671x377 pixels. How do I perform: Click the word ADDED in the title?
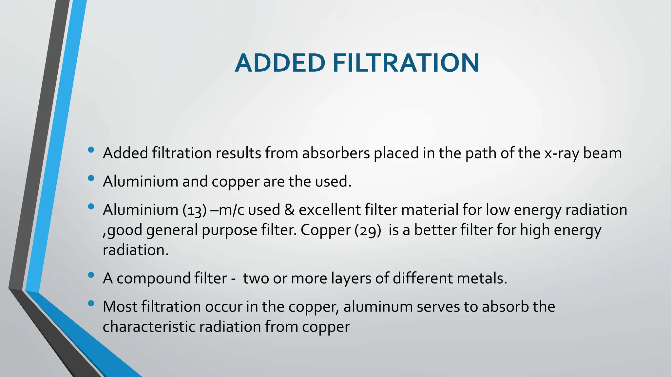(x=280, y=63)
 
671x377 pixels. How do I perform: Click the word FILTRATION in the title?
(x=406, y=63)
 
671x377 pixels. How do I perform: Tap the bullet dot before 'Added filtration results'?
(x=91, y=150)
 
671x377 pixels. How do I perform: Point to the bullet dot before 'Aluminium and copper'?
(x=91, y=178)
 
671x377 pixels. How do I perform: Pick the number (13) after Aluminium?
(x=195, y=210)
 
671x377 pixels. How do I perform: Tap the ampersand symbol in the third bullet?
(x=289, y=210)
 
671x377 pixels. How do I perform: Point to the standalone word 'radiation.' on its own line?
(x=136, y=250)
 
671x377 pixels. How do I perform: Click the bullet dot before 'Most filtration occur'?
(x=91, y=303)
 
